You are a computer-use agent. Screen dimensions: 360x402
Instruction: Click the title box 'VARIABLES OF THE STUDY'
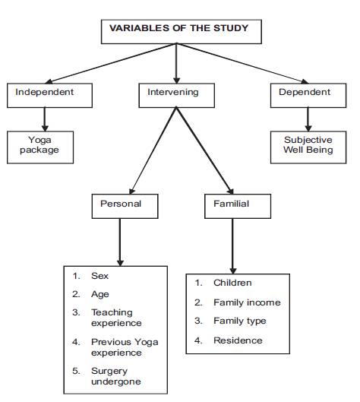pyautogui.click(x=182, y=31)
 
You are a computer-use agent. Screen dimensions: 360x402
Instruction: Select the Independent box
pyautogui.click(x=49, y=96)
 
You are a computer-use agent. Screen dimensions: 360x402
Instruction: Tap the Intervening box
pyautogui.click(x=176, y=96)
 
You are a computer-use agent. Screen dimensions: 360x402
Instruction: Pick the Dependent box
pyautogui.click(x=308, y=96)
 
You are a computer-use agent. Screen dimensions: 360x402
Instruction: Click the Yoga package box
pyautogui.click(x=40, y=147)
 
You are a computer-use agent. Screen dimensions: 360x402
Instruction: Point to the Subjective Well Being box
pyautogui.click(x=308, y=147)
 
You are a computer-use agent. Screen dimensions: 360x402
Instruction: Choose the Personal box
pyautogui.click(x=125, y=206)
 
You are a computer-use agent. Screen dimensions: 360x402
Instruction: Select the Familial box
pyautogui.click(x=238, y=206)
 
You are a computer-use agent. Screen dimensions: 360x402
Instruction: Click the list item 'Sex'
pyautogui.click(x=90, y=276)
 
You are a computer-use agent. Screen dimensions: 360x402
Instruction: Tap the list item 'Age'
pyautogui.click(x=90, y=295)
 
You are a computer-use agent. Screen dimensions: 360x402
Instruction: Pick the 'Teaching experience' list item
pyautogui.click(x=107, y=318)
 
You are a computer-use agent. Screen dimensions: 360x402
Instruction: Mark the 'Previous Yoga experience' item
pyautogui.click(x=115, y=347)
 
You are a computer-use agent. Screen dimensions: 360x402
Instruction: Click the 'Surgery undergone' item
pyautogui.click(x=106, y=376)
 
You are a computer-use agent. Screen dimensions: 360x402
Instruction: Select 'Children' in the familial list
pyautogui.click(x=223, y=283)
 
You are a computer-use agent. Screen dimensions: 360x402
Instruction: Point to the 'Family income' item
pyautogui.click(x=238, y=302)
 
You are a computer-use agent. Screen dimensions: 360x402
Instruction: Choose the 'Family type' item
pyautogui.click(x=230, y=321)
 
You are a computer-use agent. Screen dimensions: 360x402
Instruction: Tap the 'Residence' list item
pyautogui.click(x=229, y=340)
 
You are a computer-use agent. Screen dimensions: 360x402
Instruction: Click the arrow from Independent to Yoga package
pyautogui.click(x=45, y=119)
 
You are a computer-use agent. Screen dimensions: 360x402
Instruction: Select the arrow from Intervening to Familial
pyautogui.click(x=205, y=150)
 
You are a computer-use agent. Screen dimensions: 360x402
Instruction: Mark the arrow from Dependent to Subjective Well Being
pyautogui.click(x=308, y=119)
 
